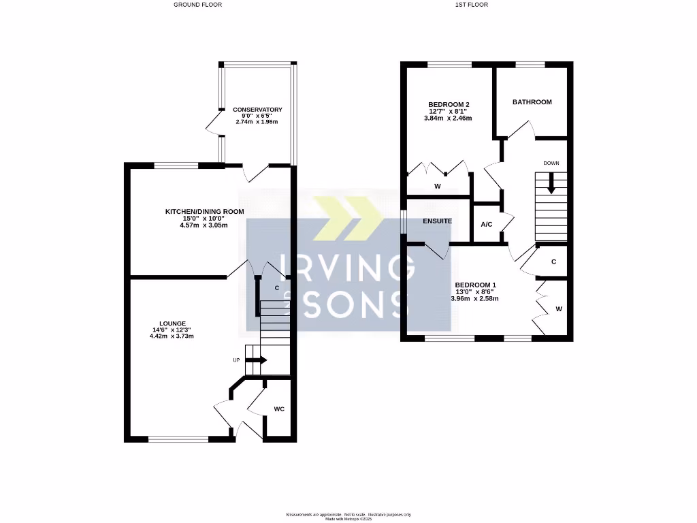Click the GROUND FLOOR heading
click(197, 5)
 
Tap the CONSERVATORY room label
click(257, 110)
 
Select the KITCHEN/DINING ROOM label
click(204, 212)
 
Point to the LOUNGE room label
click(173, 323)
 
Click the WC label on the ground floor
click(279, 409)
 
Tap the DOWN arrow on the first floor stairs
click(551, 182)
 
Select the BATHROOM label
click(532, 102)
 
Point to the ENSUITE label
click(436, 221)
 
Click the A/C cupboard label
click(487, 224)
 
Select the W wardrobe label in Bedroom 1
click(559, 308)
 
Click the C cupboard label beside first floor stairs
click(554, 261)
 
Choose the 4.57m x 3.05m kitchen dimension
click(204, 225)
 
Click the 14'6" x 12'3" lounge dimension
click(173, 330)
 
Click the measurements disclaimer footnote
click(348, 514)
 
